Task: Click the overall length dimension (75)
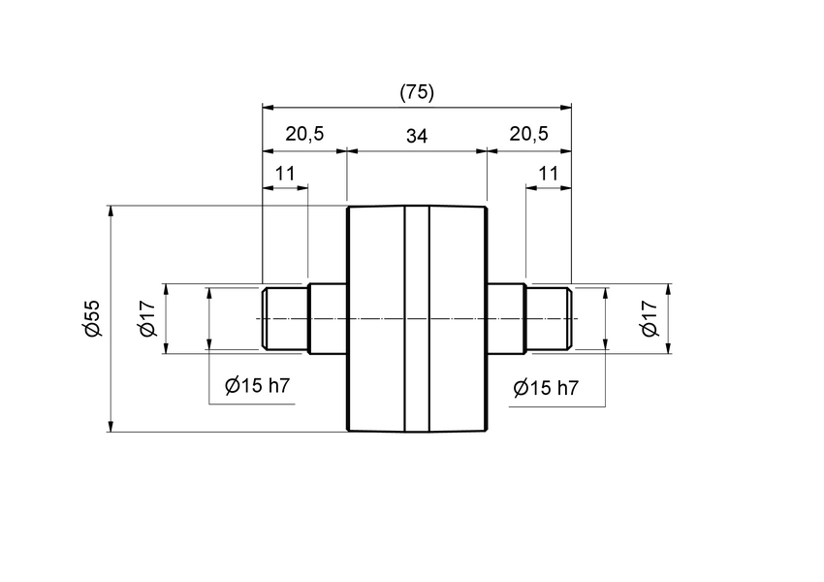coord(417,92)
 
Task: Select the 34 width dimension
coord(417,136)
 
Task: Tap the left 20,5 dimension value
coord(304,135)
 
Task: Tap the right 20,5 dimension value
coord(528,135)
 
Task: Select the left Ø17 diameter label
coord(148,318)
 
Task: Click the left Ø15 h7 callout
coord(258,386)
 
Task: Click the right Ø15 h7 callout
coord(546,388)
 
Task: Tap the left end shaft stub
coord(285,318)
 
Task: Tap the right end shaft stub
coord(548,318)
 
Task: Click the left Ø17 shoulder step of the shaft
coord(328,318)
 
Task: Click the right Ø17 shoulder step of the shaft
coord(505,318)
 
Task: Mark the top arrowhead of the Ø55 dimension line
coord(112,210)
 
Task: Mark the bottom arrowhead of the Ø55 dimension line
coord(112,426)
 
